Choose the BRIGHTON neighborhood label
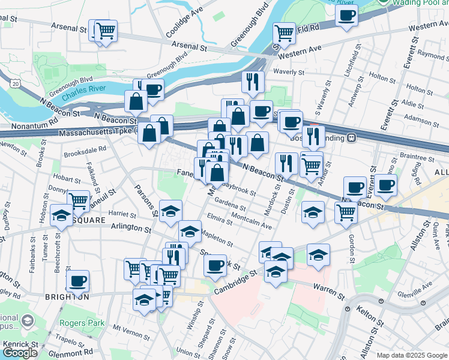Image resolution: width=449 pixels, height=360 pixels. pyautogui.click(x=67, y=296)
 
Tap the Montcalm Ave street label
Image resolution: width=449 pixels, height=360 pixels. pyautogui.click(x=252, y=222)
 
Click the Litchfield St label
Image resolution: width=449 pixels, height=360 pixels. pyautogui.click(x=356, y=62)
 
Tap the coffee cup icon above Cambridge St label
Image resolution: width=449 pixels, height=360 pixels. pyautogui.click(x=214, y=265)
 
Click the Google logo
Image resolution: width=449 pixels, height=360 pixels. pyautogui.click(x=20, y=353)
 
